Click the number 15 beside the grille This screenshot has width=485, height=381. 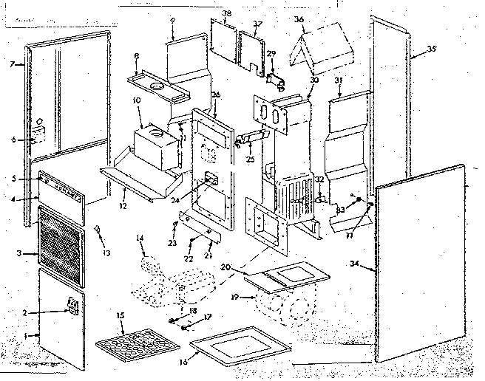121,316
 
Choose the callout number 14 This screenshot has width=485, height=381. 140,238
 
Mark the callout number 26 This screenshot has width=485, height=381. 216,95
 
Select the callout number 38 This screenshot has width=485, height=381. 226,14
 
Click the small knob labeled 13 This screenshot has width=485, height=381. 98,230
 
